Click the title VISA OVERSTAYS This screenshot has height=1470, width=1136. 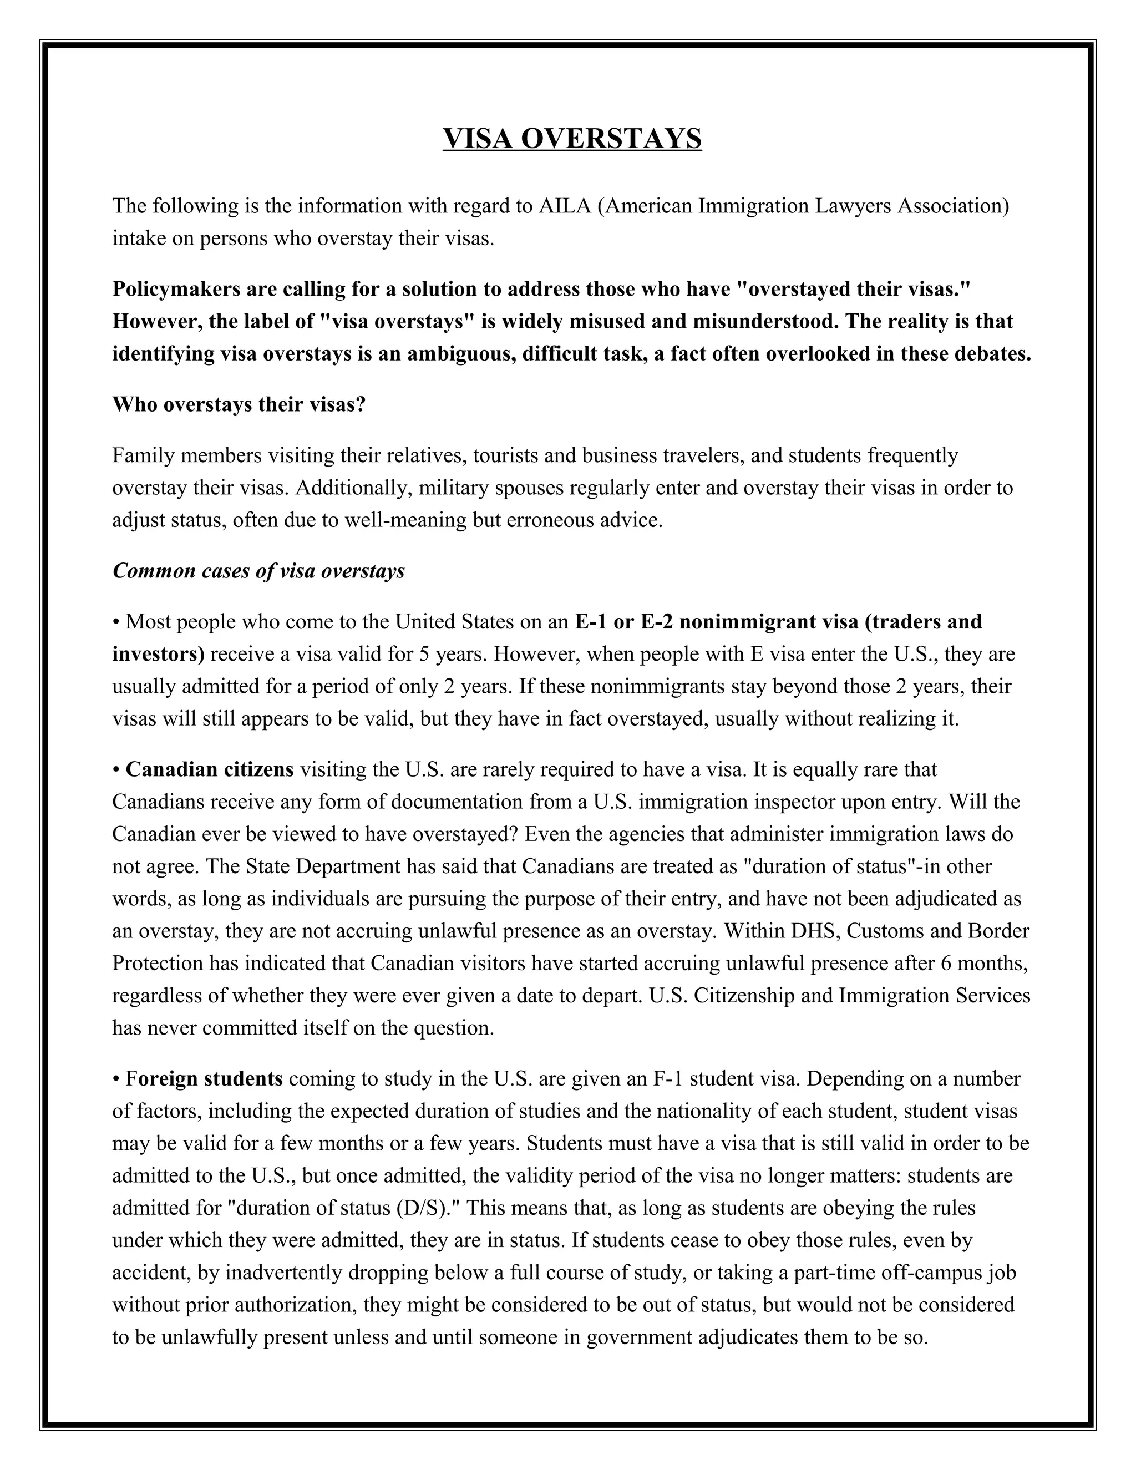572,139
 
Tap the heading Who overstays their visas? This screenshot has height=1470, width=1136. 238,404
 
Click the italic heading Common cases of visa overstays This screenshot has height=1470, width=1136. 258,571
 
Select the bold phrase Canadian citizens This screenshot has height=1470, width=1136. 209,769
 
